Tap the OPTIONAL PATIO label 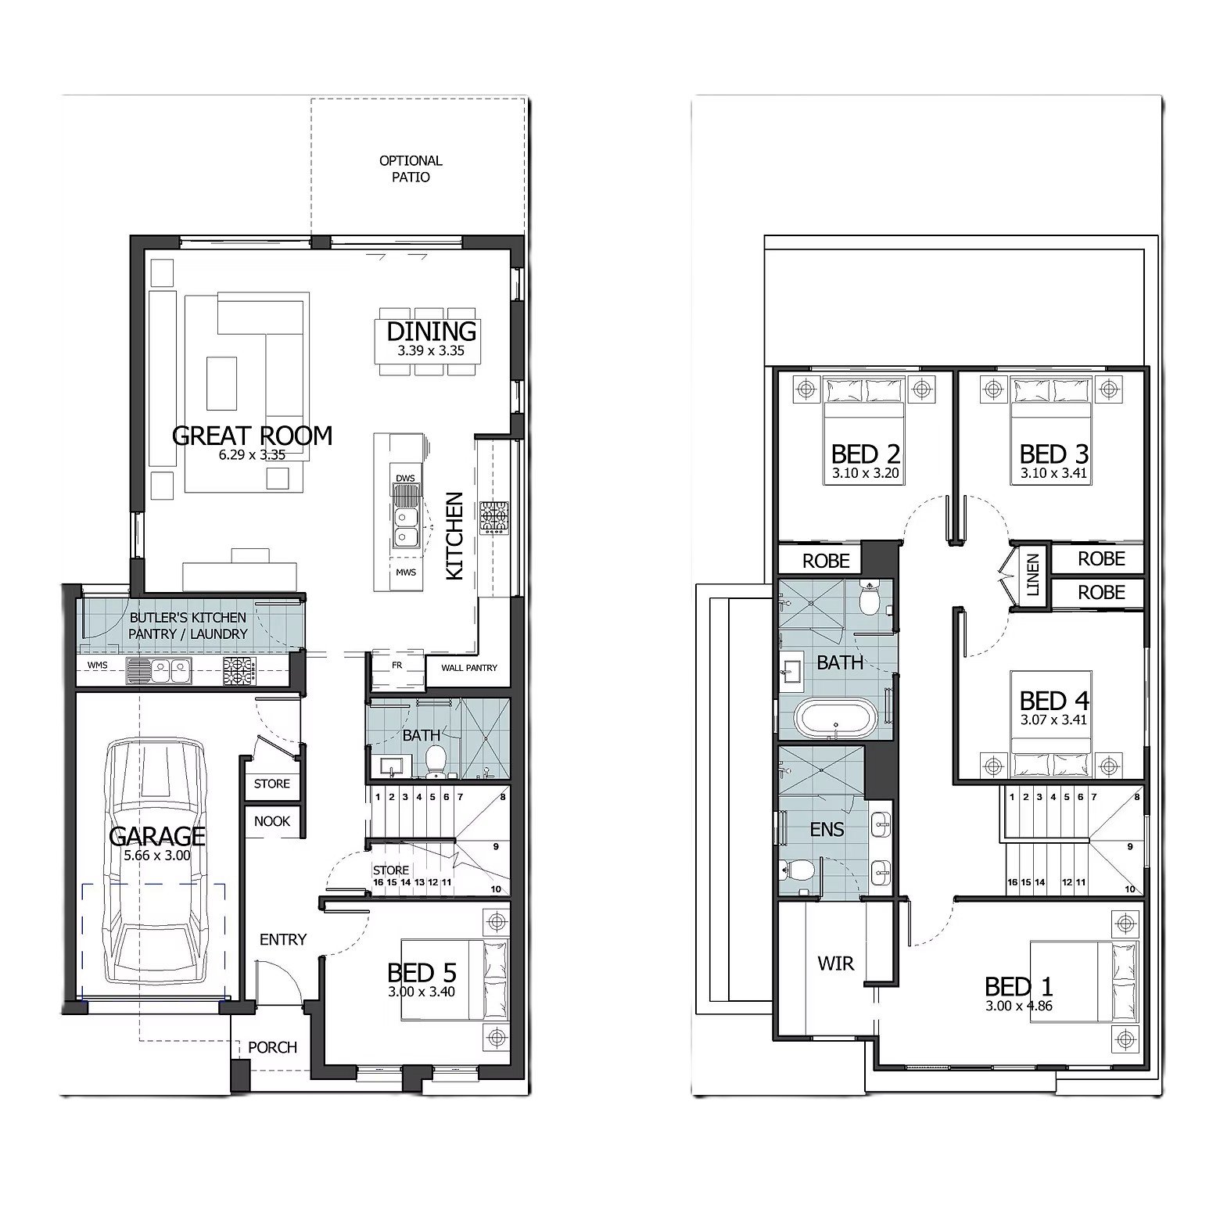[x=411, y=169]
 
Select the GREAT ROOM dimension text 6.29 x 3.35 [x=253, y=454]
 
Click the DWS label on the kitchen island [x=405, y=478]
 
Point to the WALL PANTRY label [x=469, y=668]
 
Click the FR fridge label [x=397, y=666]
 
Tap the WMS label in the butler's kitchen [x=98, y=666]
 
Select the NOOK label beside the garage [x=272, y=821]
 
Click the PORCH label [x=272, y=1047]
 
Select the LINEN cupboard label [x=1033, y=575]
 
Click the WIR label [x=836, y=963]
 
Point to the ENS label [x=827, y=829]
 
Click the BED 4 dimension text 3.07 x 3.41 [x=1053, y=720]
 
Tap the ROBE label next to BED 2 [x=826, y=561]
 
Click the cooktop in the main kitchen [x=493, y=518]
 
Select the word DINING [x=432, y=332]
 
